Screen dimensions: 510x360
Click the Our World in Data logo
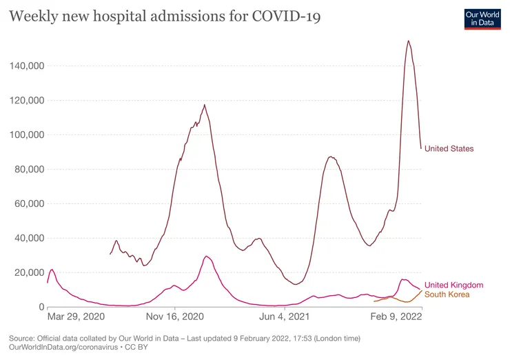click(482, 19)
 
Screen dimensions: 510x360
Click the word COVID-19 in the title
click(286, 17)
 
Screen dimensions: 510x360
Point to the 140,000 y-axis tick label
click(27, 66)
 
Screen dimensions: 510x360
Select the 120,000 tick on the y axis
click(27, 101)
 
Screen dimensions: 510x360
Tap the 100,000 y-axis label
click(27, 134)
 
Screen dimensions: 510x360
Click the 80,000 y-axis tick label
click(29, 169)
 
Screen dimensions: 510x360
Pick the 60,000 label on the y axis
click(29, 203)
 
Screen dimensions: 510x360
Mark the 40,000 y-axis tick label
click(29, 238)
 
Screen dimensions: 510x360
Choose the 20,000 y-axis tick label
click(29, 273)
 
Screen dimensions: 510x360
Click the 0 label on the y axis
click(41, 307)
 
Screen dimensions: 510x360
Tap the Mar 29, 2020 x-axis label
click(76, 317)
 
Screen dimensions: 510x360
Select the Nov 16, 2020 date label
click(175, 317)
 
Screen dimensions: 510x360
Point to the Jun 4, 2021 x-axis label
click(284, 317)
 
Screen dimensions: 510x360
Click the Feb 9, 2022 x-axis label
click(396, 317)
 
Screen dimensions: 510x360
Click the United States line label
click(449, 149)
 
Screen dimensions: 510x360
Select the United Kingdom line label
click(454, 285)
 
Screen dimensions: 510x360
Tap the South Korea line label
click(447, 294)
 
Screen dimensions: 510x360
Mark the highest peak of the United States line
click(408, 41)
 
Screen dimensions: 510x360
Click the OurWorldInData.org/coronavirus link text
click(63, 348)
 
